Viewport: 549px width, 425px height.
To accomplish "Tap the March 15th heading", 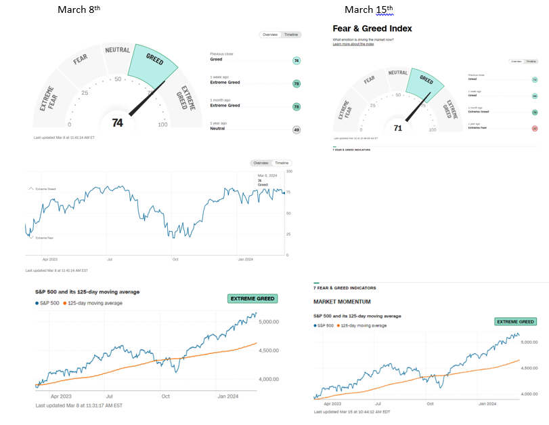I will tap(368, 9).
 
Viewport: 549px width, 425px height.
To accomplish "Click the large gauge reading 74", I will tap(117, 123).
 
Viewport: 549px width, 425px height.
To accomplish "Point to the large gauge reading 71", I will tap(397, 127).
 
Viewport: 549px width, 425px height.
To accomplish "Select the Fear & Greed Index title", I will tap(372, 28).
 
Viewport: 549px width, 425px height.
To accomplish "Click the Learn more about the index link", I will tap(353, 44).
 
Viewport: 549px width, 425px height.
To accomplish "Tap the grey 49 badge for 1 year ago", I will tap(296, 129).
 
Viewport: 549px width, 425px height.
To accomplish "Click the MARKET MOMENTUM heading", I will tap(341, 301).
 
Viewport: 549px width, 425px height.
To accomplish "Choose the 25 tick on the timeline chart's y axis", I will tap(289, 234).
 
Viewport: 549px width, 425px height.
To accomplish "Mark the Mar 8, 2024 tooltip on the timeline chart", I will tap(263, 180).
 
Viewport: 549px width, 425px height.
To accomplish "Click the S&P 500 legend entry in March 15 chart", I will tap(326, 325).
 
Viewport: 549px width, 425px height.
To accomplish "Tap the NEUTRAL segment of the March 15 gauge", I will tap(397, 73).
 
